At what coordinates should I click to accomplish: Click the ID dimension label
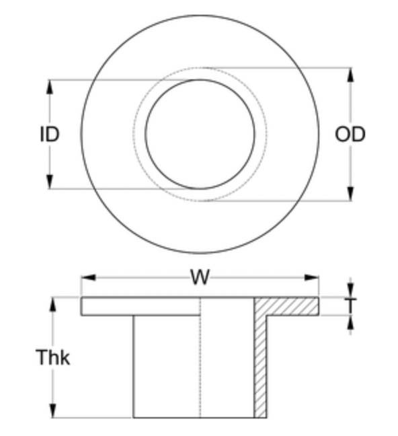pos(50,135)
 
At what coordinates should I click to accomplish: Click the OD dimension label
pos(350,135)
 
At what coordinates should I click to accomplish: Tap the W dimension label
pos(200,277)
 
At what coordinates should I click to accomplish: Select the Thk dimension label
pos(53,357)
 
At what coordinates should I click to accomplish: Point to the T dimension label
pos(350,305)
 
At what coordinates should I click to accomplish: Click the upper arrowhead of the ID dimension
pos(50,87)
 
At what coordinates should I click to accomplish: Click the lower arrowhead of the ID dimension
pos(50,182)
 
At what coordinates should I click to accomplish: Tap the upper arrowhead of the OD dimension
pos(351,75)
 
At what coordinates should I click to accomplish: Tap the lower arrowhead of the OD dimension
pos(351,194)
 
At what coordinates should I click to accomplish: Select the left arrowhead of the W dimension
pos(88,277)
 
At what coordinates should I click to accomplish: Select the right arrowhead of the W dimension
pos(311,277)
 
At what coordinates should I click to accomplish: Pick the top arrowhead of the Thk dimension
pos(52,305)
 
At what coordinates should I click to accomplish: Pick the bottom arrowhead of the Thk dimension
pos(52,410)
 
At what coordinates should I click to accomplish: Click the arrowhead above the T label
pos(350,290)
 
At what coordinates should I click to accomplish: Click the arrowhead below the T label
pos(350,323)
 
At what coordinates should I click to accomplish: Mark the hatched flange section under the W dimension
pos(286,306)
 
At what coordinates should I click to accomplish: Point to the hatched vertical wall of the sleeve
pos(260,367)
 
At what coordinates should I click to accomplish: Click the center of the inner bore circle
pos(200,135)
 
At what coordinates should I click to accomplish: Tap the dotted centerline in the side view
pos(200,357)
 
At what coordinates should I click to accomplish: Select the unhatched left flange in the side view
pos(141,306)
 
